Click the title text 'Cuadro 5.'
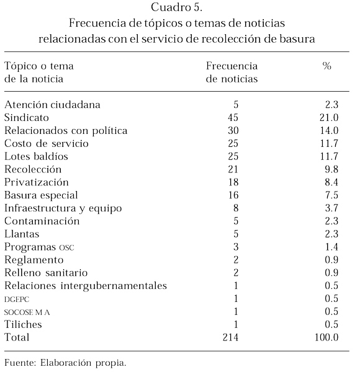(176, 7)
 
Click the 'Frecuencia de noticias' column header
(232, 73)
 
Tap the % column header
(326, 66)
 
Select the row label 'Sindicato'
(27, 118)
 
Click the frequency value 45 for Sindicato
(233, 118)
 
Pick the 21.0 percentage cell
(329, 118)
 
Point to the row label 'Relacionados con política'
(66, 131)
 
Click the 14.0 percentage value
(329, 130)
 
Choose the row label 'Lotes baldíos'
(36, 156)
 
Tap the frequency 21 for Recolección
(233, 169)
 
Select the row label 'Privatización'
(37, 182)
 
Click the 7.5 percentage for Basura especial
(331, 195)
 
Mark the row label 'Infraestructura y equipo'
(63, 208)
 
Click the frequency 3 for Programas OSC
(236, 247)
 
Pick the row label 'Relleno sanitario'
(46, 273)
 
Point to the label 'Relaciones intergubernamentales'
(86, 286)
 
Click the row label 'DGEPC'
(17, 299)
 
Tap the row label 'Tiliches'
(23, 324)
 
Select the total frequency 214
(230, 337)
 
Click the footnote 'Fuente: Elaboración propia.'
(65, 363)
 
